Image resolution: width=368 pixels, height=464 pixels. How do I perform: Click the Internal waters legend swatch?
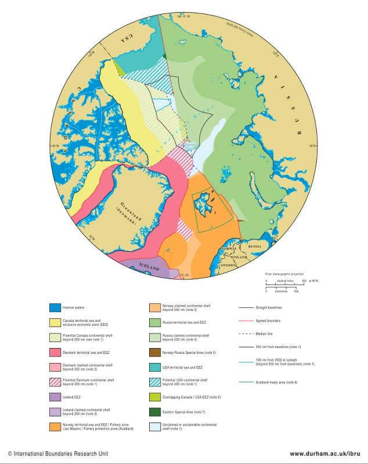click(x=55, y=307)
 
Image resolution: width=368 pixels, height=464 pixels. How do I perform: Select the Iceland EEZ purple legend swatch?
click(x=55, y=397)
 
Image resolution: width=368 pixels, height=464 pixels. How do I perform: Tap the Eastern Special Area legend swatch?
click(x=155, y=412)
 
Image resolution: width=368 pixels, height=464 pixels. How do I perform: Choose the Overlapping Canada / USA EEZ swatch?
click(x=155, y=397)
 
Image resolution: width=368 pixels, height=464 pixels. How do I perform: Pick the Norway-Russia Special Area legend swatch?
click(x=155, y=352)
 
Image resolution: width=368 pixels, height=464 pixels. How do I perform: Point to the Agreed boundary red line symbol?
click(x=246, y=321)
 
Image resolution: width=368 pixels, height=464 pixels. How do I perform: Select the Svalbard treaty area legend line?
click(x=246, y=382)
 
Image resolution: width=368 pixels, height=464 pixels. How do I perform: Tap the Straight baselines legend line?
click(x=246, y=307)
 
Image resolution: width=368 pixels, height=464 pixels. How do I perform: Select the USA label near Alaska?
click(x=124, y=38)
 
